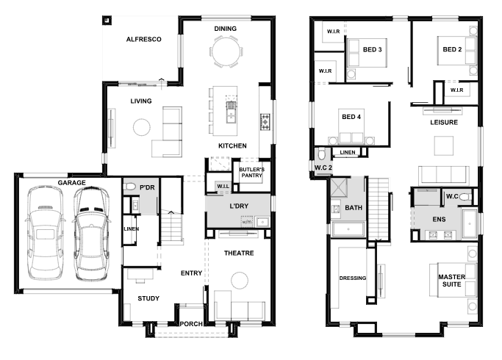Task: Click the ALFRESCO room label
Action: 144,40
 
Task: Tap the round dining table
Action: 226,51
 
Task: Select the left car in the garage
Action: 45,234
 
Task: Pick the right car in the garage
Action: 92,234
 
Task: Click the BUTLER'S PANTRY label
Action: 251,173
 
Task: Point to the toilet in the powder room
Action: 129,187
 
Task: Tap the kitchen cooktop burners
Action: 265,122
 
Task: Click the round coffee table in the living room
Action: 142,127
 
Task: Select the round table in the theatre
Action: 239,281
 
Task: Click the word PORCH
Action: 191,324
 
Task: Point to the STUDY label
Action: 148,298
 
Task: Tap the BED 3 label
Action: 373,50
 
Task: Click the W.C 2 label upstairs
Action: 323,168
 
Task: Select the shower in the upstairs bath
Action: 339,187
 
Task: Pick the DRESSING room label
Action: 353,278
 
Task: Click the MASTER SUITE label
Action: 452,281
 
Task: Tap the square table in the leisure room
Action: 444,145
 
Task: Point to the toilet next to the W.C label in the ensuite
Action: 465,196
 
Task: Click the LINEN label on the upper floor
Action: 348,152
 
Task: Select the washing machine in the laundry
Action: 247,221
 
